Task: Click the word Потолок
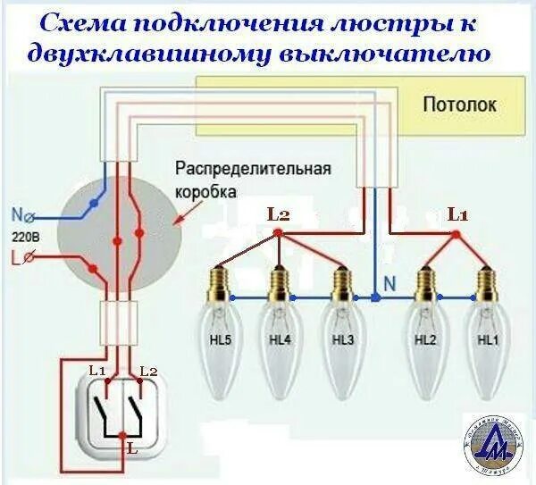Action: [461, 105]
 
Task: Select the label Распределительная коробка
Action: [253, 180]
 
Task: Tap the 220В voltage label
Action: [24, 237]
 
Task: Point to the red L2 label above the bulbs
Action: [279, 214]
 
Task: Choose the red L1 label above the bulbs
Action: [457, 214]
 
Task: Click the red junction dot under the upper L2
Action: [279, 234]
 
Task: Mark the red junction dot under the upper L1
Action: [457, 235]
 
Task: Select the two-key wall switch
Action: [122, 410]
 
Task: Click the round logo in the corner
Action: [492, 446]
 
